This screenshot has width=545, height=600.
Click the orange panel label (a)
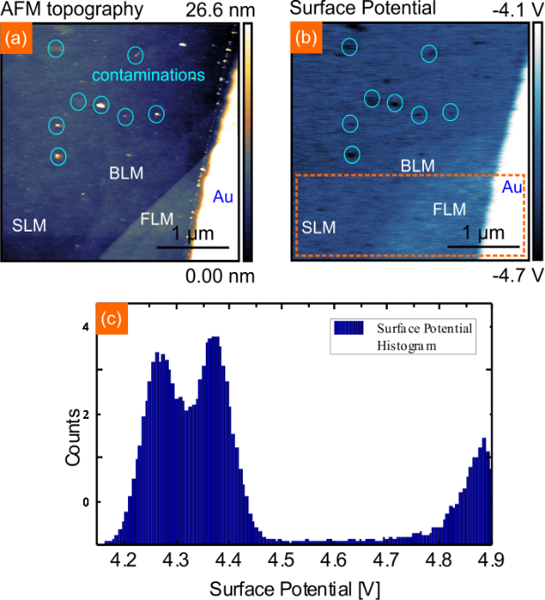tap(15, 39)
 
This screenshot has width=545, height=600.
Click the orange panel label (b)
tap(305, 39)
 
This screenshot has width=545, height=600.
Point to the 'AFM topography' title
tap(72, 11)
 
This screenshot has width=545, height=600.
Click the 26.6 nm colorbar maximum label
tap(220, 11)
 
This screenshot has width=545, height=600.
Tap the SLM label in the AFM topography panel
tap(30, 225)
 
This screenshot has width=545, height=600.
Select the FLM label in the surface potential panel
tap(450, 209)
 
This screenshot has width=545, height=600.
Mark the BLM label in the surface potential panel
tap(418, 165)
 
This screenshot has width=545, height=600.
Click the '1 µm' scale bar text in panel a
tap(192, 234)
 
